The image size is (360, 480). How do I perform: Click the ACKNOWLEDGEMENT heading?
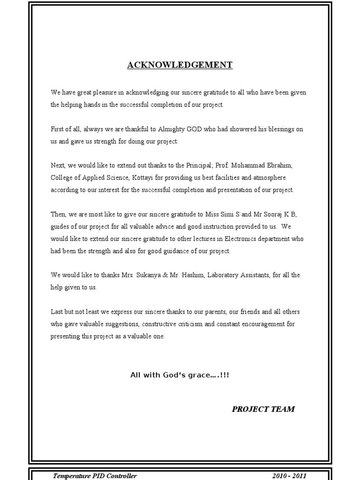tap(180, 65)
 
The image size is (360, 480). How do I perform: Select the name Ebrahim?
tap(281, 165)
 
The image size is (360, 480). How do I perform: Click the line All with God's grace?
tap(180, 375)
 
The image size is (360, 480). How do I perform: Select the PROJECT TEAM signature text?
tap(263, 409)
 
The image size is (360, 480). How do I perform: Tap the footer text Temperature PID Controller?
tap(95, 476)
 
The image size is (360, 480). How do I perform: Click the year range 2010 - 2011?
tap(289, 476)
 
